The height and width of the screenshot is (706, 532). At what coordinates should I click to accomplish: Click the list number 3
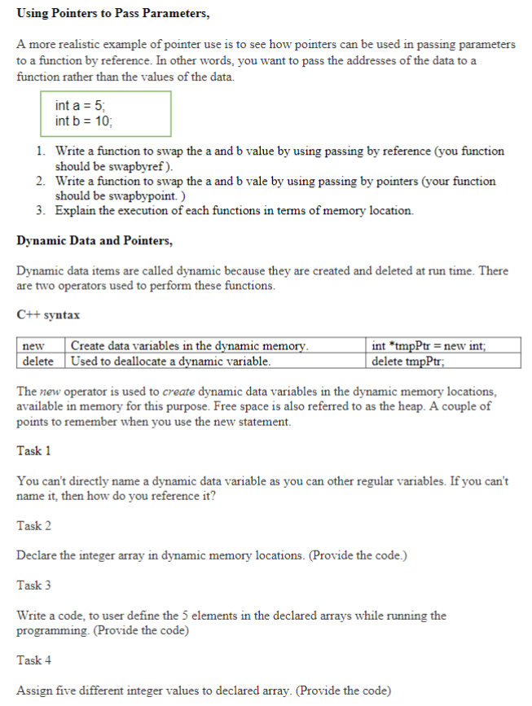click(x=40, y=211)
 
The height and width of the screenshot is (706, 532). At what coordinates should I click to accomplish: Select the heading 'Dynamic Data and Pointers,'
click(x=95, y=241)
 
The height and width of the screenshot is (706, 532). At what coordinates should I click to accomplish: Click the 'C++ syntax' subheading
click(x=48, y=314)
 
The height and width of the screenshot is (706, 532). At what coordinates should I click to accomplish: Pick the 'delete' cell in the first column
click(x=38, y=361)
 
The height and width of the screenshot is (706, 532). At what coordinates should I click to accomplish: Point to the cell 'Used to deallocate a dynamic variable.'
click(x=171, y=361)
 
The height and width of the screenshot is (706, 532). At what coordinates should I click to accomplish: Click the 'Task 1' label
click(x=34, y=450)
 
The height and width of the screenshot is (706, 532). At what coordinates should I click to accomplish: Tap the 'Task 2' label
click(x=34, y=525)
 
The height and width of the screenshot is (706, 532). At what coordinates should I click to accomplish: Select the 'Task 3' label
click(x=34, y=585)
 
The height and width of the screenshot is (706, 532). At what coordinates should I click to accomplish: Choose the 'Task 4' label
click(x=34, y=660)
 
